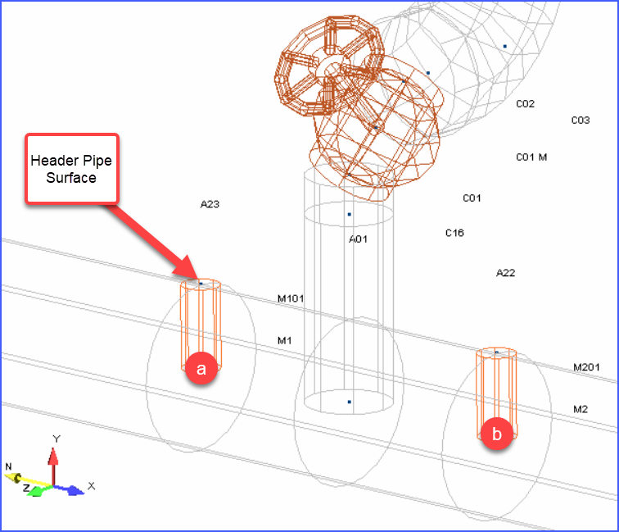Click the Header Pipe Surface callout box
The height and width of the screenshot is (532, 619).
pos(72,169)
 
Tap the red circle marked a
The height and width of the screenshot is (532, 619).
pos(201,368)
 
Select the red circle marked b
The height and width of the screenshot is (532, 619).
pos(497,434)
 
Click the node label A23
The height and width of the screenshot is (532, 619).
pos(210,204)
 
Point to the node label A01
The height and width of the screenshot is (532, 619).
pos(358,239)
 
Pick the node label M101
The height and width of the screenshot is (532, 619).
pos(291,298)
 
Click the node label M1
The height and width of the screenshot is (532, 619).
pos(285,340)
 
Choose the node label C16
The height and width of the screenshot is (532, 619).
pos(454,233)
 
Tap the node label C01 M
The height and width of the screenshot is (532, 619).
pos(531,157)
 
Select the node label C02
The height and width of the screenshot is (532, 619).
pos(525,104)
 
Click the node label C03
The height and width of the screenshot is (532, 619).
pos(581,120)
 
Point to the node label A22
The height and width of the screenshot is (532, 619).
pos(506,273)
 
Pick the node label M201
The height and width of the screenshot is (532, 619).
pos(586,367)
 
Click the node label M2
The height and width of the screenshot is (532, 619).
pos(581,409)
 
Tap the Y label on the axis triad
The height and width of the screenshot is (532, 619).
pos(56,439)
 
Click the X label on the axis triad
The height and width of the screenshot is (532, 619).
pos(91,486)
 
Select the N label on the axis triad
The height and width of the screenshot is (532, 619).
pos(8,466)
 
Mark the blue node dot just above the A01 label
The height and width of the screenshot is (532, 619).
pos(349,214)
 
